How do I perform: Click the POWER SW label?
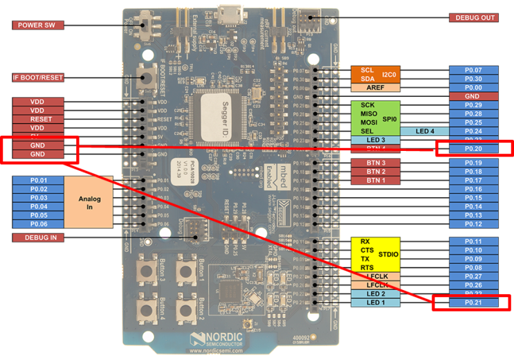click(x=38, y=26)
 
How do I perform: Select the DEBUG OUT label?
click(x=473, y=17)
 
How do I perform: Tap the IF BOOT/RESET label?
click(x=38, y=77)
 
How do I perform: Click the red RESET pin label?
click(x=37, y=119)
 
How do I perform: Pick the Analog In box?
click(x=89, y=202)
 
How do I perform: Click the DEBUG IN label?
click(x=38, y=237)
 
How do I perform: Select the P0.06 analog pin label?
click(x=38, y=224)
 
